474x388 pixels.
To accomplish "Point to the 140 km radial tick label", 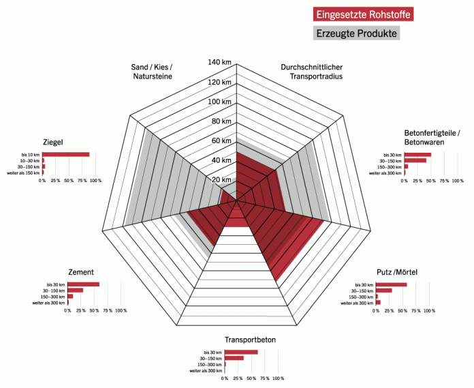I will point(219,63).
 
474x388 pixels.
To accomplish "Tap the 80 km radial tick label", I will point(222,121).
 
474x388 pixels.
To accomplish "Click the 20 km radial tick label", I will point(222,180).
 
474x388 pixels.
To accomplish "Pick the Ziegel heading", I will point(52,142).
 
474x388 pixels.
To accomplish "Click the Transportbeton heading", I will point(250,340).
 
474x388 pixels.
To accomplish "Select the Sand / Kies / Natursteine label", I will point(152,72).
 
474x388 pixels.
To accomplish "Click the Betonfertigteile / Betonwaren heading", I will point(432,137).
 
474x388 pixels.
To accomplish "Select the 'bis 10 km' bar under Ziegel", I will point(67,154).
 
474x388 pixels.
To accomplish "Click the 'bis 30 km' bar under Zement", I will point(84,284).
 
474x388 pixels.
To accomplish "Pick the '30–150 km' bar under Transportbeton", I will point(234,358).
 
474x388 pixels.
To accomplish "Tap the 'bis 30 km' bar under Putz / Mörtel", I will point(392,284).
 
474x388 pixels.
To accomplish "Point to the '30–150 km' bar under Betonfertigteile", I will point(415,161).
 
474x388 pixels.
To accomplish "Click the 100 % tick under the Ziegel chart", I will point(95,181).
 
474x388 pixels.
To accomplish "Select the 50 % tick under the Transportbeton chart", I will point(251,378).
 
